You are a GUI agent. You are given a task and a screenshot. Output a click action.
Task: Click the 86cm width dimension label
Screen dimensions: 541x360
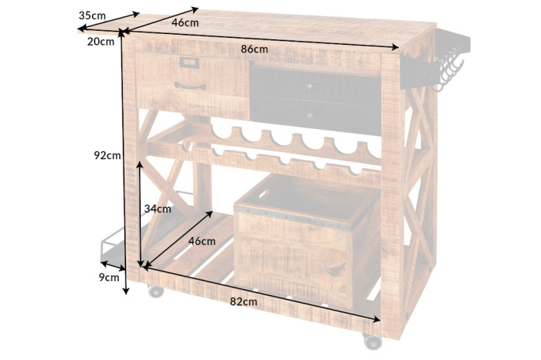(254, 49)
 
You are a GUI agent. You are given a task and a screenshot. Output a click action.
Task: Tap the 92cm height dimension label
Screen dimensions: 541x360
(107, 155)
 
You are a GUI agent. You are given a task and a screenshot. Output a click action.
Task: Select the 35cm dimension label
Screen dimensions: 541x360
(92, 15)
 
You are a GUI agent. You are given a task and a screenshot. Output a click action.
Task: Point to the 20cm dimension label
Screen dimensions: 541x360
(100, 42)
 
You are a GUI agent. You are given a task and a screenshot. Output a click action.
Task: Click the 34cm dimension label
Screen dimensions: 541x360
(158, 209)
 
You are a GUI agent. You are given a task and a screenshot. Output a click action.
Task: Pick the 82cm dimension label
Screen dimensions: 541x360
(243, 302)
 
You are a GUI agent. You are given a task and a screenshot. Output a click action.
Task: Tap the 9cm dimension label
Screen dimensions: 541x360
(109, 277)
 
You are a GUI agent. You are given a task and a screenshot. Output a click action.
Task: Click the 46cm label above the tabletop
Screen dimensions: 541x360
(185, 22)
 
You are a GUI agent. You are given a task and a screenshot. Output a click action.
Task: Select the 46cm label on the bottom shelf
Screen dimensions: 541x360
(202, 241)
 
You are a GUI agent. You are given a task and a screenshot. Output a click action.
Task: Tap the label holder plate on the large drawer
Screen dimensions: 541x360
(189, 63)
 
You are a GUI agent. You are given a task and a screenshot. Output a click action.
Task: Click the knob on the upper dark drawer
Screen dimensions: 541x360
(309, 87)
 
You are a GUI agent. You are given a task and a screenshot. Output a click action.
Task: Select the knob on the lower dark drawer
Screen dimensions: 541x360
(309, 116)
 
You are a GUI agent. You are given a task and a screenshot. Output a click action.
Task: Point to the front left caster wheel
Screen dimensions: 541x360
(155, 291)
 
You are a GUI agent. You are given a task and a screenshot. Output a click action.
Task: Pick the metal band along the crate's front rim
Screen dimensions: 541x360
(293, 218)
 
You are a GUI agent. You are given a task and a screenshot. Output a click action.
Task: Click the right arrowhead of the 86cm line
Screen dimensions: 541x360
(396, 47)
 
